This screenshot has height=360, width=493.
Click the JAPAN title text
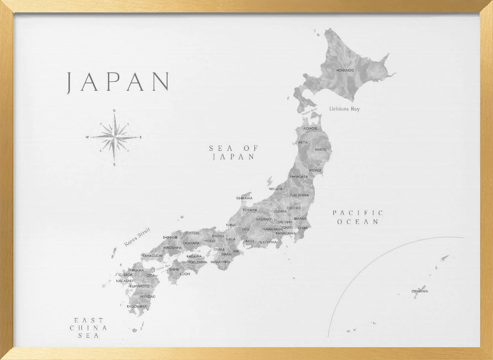[118, 82]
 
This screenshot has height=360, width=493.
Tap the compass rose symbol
[114, 137]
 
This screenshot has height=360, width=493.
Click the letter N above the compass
[114, 111]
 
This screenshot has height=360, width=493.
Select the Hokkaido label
[345, 71]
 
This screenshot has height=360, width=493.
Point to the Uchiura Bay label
[345, 108]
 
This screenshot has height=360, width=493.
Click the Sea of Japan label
[234, 152]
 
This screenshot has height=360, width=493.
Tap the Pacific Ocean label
[358, 217]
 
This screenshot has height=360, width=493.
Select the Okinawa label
[420, 291]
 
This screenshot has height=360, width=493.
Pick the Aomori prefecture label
[311, 128]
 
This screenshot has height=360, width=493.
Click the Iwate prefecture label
[320, 149]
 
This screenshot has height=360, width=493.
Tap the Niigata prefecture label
[276, 189]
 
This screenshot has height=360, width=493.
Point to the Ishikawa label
[244, 198]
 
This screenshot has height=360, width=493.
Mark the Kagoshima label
[137, 306]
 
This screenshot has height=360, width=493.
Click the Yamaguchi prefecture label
[152, 256]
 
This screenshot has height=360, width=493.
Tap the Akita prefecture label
[302, 142]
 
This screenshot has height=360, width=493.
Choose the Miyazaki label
[147, 296]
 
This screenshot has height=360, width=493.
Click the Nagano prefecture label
[263, 219]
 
